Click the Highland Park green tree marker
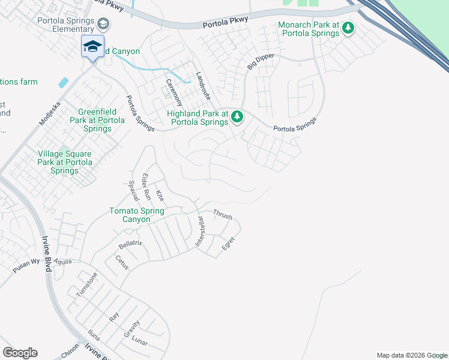pyautogui.click(x=237, y=116)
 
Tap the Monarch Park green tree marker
pyautogui.click(x=348, y=28)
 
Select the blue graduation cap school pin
pyautogui.click(x=92, y=46)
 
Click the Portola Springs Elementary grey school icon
pyautogui.click(x=104, y=24)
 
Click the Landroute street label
pyautogui.click(x=203, y=86)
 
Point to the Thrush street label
pyautogui.click(x=222, y=215)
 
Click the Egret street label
pyautogui.click(x=228, y=244)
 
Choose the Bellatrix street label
pyautogui.click(x=130, y=245)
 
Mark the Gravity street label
pyautogui.click(x=132, y=328)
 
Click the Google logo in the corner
pyautogui.click(x=20, y=353)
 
